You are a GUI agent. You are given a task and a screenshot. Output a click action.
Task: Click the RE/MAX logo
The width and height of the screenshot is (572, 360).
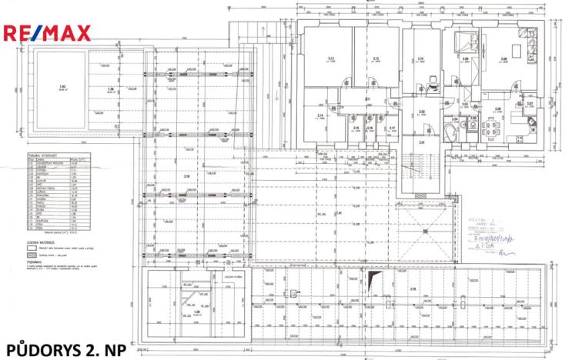(x=48, y=32)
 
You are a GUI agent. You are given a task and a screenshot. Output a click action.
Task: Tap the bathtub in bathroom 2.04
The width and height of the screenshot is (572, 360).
(x=453, y=133)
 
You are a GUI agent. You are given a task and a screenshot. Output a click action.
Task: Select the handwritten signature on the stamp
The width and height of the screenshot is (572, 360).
(x=504, y=251)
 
